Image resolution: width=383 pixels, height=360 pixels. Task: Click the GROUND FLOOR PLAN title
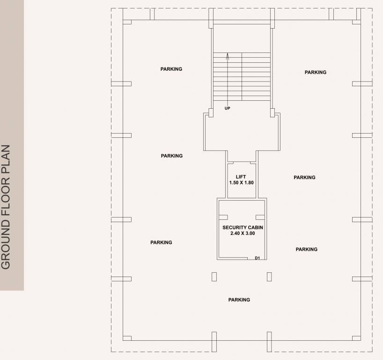(6, 207)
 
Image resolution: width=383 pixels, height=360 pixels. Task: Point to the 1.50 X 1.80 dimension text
(241, 182)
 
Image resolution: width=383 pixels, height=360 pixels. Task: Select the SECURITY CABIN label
(243, 227)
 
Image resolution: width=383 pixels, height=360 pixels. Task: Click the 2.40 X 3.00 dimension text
(243, 233)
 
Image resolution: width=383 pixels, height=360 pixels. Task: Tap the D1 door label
(257, 258)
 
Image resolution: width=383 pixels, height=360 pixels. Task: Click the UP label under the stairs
(227, 108)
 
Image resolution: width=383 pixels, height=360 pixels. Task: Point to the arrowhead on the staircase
(228, 55)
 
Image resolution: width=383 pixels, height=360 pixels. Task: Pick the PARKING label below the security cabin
(239, 300)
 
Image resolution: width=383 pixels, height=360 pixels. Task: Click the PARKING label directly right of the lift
(304, 177)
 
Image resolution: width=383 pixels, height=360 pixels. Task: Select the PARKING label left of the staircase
(171, 69)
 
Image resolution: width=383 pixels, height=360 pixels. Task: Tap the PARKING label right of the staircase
(315, 72)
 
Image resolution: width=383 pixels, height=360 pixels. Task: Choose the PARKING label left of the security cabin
(161, 242)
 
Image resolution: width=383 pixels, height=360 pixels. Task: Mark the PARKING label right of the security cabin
(306, 249)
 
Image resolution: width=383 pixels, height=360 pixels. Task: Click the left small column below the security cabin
(214, 277)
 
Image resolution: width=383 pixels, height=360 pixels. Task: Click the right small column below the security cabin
(269, 277)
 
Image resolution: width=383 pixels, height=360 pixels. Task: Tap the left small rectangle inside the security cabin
(223, 217)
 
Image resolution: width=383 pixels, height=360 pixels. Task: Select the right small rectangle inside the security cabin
(260, 217)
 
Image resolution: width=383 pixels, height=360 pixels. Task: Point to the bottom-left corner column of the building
(127, 337)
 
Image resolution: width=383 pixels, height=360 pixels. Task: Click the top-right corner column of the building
(357, 22)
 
